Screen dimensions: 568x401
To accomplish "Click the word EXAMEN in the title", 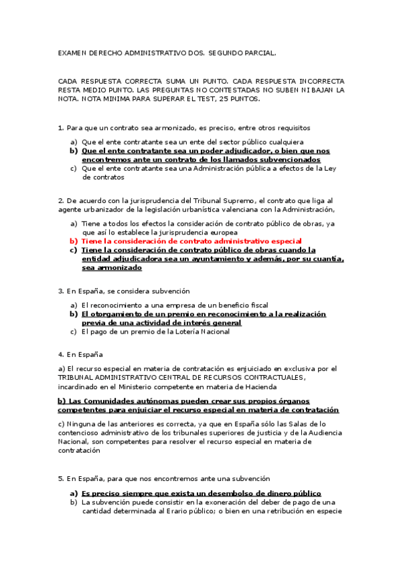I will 72,52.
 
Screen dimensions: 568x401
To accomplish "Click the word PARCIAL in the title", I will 259,52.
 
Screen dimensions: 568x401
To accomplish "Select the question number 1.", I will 60,127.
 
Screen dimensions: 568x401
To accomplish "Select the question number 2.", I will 60,200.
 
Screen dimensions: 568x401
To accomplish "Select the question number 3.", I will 60,291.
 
